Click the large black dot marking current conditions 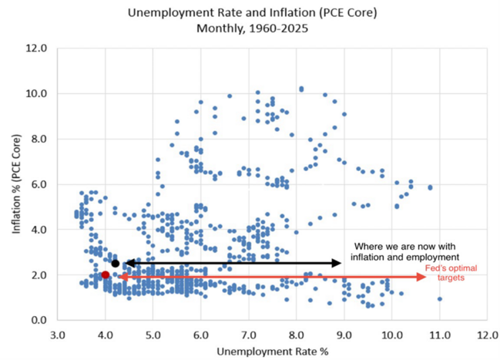pos(116,263)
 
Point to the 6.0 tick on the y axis pos(39,184)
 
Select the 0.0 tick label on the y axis pos(39,320)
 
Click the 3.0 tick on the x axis pos(58,335)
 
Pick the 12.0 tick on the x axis pos(486,335)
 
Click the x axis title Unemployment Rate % pos(272,352)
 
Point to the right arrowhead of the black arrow pos(337,263)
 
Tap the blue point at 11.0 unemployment pos(439,298)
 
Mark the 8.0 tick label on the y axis pos(39,139)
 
